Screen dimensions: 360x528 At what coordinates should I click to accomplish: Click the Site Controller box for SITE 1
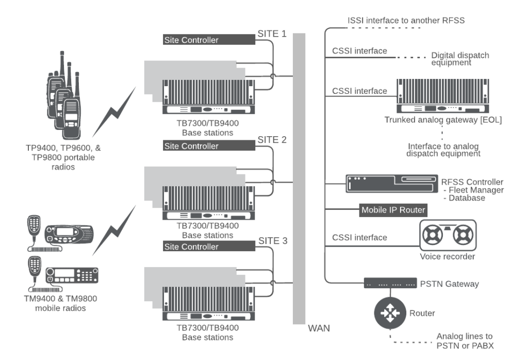point(209,40)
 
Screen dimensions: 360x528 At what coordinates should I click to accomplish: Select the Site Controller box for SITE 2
point(209,146)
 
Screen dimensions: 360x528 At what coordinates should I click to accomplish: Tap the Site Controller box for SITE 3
point(209,247)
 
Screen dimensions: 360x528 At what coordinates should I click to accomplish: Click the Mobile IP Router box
point(393,210)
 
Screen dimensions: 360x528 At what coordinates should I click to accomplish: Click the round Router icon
point(390,313)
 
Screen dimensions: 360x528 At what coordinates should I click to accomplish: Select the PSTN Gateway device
point(390,283)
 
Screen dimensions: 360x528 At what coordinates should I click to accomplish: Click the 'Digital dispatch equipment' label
point(460,59)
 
